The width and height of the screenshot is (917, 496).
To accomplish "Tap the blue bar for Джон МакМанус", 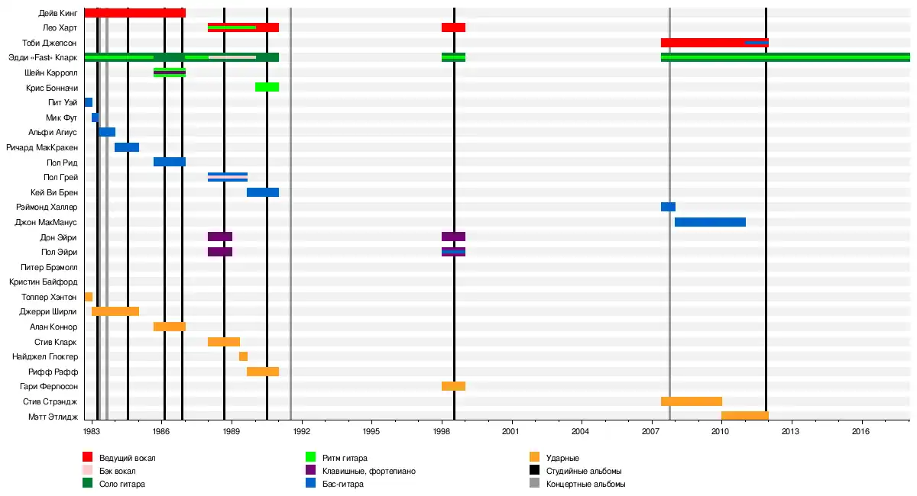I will click(x=710, y=222).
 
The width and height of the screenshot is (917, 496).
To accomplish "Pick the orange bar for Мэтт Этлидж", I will click(x=744, y=416).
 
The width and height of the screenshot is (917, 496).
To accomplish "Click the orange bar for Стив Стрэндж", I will click(x=691, y=401).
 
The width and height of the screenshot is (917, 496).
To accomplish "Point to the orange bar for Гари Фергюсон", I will click(x=453, y=386).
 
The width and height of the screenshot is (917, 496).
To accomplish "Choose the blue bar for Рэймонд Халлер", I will click(x=668, y=207).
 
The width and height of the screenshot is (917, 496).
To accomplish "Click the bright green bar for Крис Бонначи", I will click(x=267, y=87).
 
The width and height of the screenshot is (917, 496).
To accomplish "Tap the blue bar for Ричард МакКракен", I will click(x=127, y=147).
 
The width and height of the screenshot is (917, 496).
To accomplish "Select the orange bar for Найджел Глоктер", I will click(x=243, y=356).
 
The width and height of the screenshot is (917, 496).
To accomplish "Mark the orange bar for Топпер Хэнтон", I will click(x=89, y=297).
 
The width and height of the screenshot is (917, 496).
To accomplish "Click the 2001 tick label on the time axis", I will click(x=511, y=432).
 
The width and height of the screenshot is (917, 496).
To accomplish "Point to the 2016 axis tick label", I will click(x=862, y=432).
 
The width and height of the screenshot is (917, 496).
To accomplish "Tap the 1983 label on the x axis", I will click(x=92, y=432).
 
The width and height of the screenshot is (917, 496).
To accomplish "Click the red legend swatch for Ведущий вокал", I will click(x=87, y=458).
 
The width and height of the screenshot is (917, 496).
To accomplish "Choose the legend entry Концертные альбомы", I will click(x=585, y=484).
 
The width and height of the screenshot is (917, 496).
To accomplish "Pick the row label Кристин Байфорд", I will click(x=43, y=282).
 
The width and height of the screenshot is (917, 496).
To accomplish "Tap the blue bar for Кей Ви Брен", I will click(x=262, y=192).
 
